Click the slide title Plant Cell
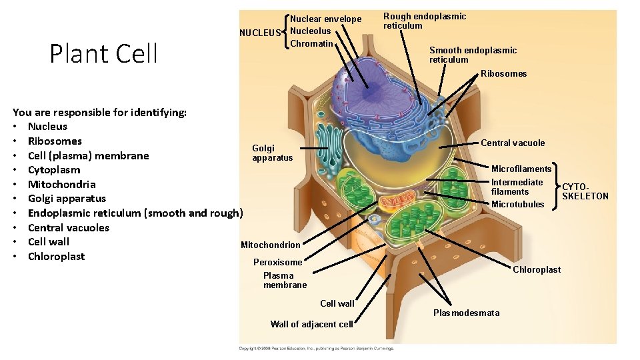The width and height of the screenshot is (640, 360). [x=103, y=53]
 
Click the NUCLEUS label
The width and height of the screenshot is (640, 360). [x=260, y=33]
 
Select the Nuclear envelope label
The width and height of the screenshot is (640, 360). [x=325, y=19]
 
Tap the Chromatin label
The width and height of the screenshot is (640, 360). [x=311, y=43]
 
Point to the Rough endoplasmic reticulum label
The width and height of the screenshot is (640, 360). [x=425, y=21]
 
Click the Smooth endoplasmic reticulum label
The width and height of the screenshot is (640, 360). [x=473, y=55]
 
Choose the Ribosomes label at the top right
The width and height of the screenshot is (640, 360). [x=503, y=73]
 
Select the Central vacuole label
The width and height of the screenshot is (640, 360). [x=513, y=143]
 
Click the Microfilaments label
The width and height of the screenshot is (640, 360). [x=521, y=169]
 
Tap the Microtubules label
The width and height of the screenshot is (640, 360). [x=517, y=204]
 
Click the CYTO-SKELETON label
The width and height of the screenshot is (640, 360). [x=585, y=191]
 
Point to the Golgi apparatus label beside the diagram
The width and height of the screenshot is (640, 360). [x=272, y=153]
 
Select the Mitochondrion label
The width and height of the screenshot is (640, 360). [x=270, y=245]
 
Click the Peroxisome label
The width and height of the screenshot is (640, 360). [x=277, y=262]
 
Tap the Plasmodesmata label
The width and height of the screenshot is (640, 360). [x=466, y=313]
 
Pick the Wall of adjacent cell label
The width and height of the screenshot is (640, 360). [x=311, y=324]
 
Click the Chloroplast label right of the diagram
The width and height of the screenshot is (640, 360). [x=536, y=269]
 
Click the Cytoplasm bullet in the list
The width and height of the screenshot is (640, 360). [x=53, y=170]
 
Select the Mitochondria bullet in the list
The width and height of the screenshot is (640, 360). [x=61, y=184]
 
